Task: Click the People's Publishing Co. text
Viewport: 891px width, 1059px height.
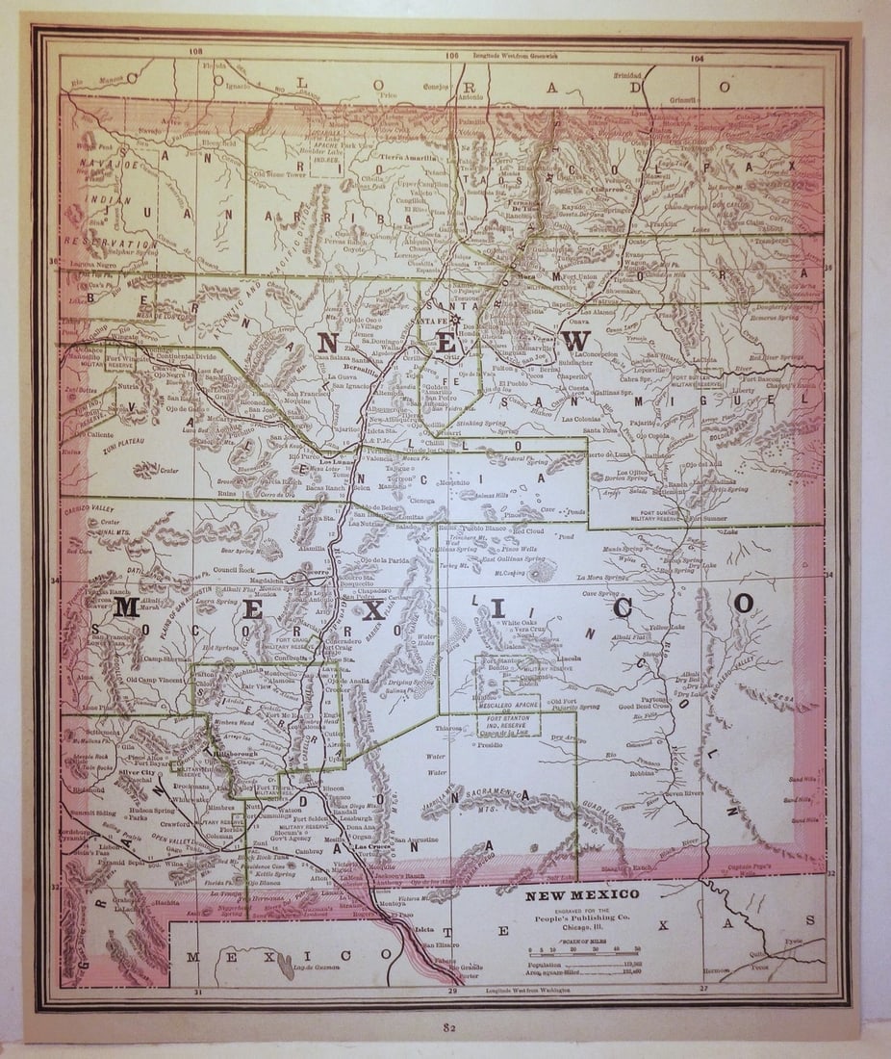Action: coord(581,917)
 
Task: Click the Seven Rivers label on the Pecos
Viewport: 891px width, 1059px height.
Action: coord(686,793)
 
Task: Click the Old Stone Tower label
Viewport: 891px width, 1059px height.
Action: coord(277,174)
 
